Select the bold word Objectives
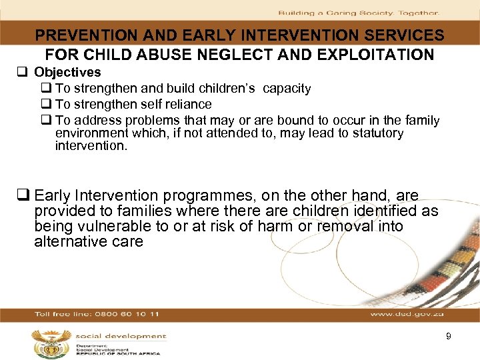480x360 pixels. coord(67,72)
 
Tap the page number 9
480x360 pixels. coord(449,337)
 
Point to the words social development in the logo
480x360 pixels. coord(121,337)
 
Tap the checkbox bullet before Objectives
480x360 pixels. coord(26,73)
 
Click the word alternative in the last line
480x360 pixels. coord(67,242)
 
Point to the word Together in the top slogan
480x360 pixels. coord(418,13)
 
